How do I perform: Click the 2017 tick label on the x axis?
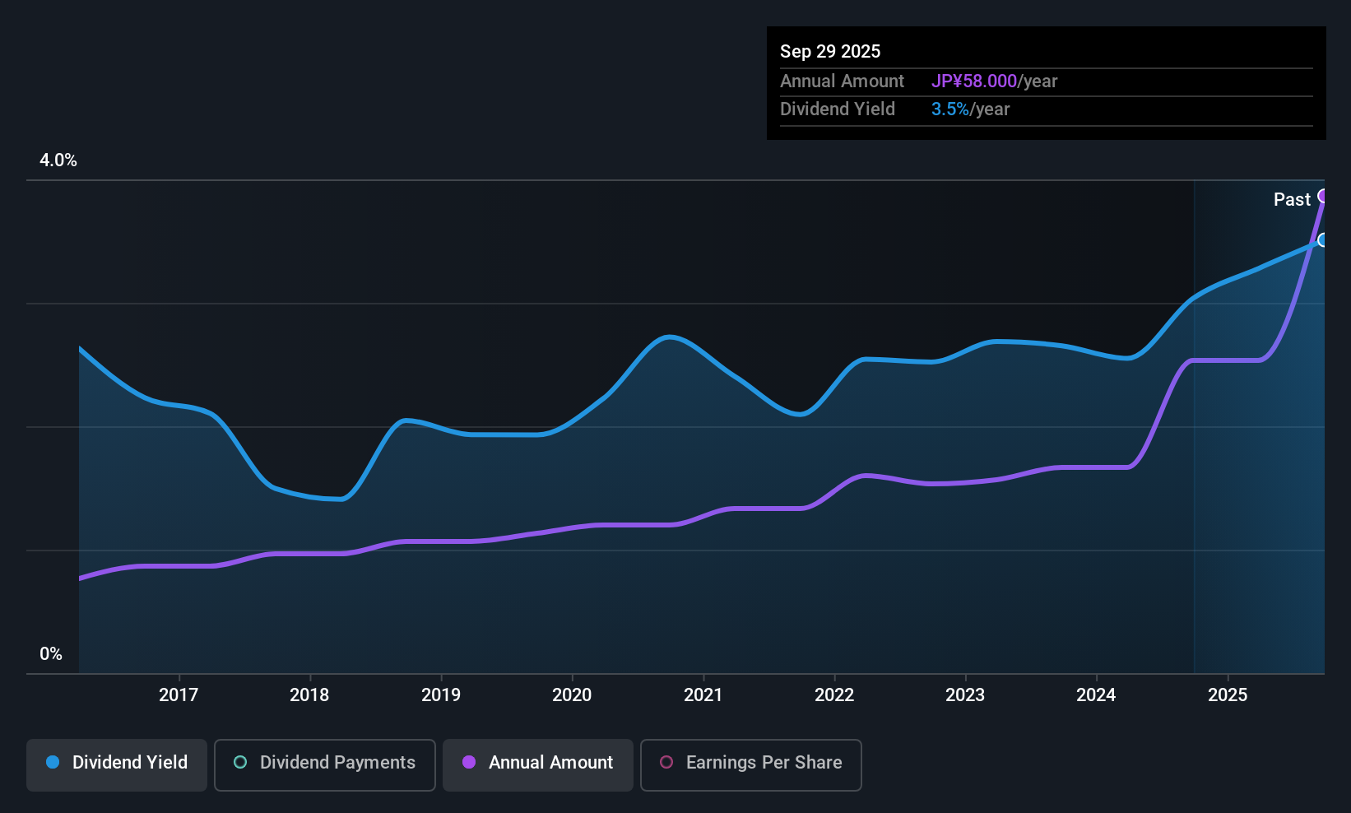[179, 695]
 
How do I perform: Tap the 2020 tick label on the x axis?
[572, 695]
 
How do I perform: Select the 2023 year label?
[965, 695]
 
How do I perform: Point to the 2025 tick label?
[1228, 695]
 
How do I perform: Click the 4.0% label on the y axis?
[58, 160]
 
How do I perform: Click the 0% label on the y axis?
[51, 654]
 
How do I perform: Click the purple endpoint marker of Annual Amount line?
[1323, 196]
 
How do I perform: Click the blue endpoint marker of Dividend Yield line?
[1323, 240]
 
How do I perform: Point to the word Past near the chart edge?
[1292, 199]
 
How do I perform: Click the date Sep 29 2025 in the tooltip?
[830, 51]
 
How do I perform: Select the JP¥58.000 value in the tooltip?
[974, 81]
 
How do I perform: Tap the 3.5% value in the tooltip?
[950, 109]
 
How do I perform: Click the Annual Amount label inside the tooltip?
[842, 81]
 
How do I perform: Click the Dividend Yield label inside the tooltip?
[838, 109]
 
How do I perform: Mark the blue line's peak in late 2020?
[670, 337]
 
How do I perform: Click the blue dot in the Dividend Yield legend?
[53, 762]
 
